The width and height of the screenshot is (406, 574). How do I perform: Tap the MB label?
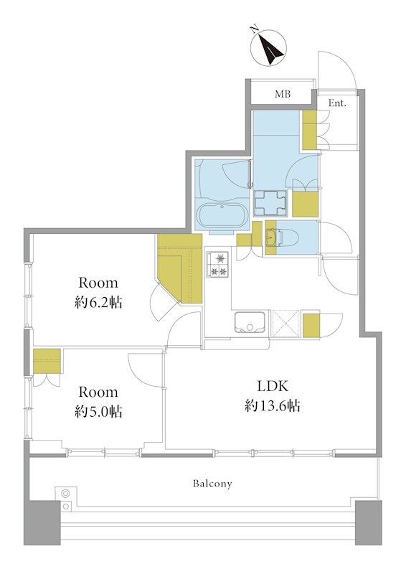[x=283, y=94]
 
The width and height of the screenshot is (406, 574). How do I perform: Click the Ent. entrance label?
[x=337, y=103]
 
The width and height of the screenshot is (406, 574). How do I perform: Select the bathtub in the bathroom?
[x=223, y=216]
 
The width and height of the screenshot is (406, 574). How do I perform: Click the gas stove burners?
[x=219, y=263]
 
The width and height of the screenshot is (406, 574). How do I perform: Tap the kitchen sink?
[x=250, y=322]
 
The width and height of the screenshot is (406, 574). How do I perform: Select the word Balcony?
[x=212, y=484]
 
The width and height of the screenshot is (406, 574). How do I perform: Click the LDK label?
[x=273, y=386]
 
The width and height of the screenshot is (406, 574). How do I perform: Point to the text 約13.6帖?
[x=273, y=405]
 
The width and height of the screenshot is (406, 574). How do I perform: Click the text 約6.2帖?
[x=98, y=303]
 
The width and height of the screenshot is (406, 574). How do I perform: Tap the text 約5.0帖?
[x=98, y=412]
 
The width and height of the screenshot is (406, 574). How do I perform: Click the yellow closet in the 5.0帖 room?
[x=47, y=361]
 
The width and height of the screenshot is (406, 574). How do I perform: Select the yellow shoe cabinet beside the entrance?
[x=310, y=130]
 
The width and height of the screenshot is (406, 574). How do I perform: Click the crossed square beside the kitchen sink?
[x=286, y=323]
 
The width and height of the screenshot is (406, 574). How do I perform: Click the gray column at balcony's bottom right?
[x=368, y=523]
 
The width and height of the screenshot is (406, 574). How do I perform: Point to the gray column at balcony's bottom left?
[x=42, y=523]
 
